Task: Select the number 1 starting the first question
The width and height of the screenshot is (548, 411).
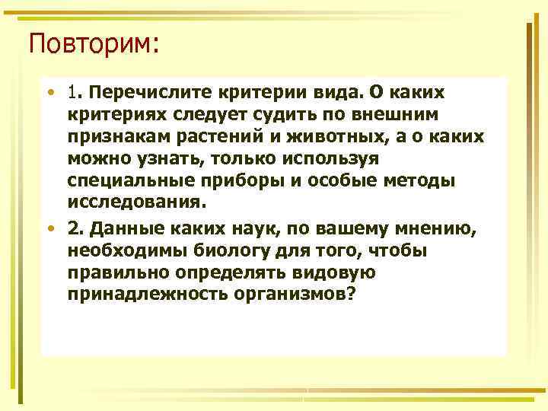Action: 72,92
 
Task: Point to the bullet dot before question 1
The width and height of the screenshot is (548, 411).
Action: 49,93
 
